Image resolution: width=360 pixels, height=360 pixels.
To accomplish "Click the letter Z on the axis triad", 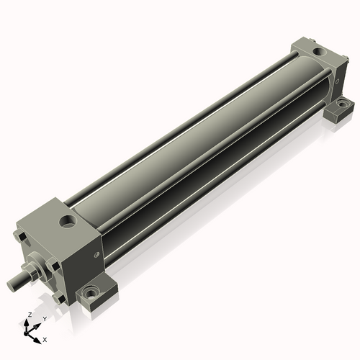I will point(28,315).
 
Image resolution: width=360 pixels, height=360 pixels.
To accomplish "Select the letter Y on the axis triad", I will point(45,319).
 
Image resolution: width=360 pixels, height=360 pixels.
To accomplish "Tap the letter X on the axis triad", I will point(45,338).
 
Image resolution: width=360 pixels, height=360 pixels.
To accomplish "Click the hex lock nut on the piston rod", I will point(33,273).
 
